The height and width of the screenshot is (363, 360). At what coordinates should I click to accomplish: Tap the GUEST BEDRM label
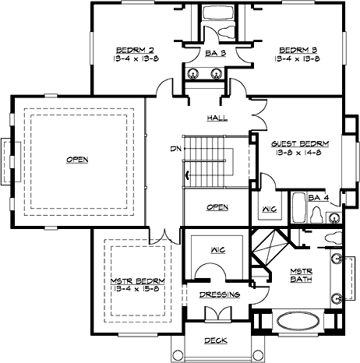coord(299,144)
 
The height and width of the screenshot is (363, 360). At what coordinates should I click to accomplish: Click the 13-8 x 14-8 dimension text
coord(299,153)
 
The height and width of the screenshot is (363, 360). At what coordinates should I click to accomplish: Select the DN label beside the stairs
coord(175,149)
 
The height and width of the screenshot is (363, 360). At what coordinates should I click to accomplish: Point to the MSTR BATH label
coord(301,276)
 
